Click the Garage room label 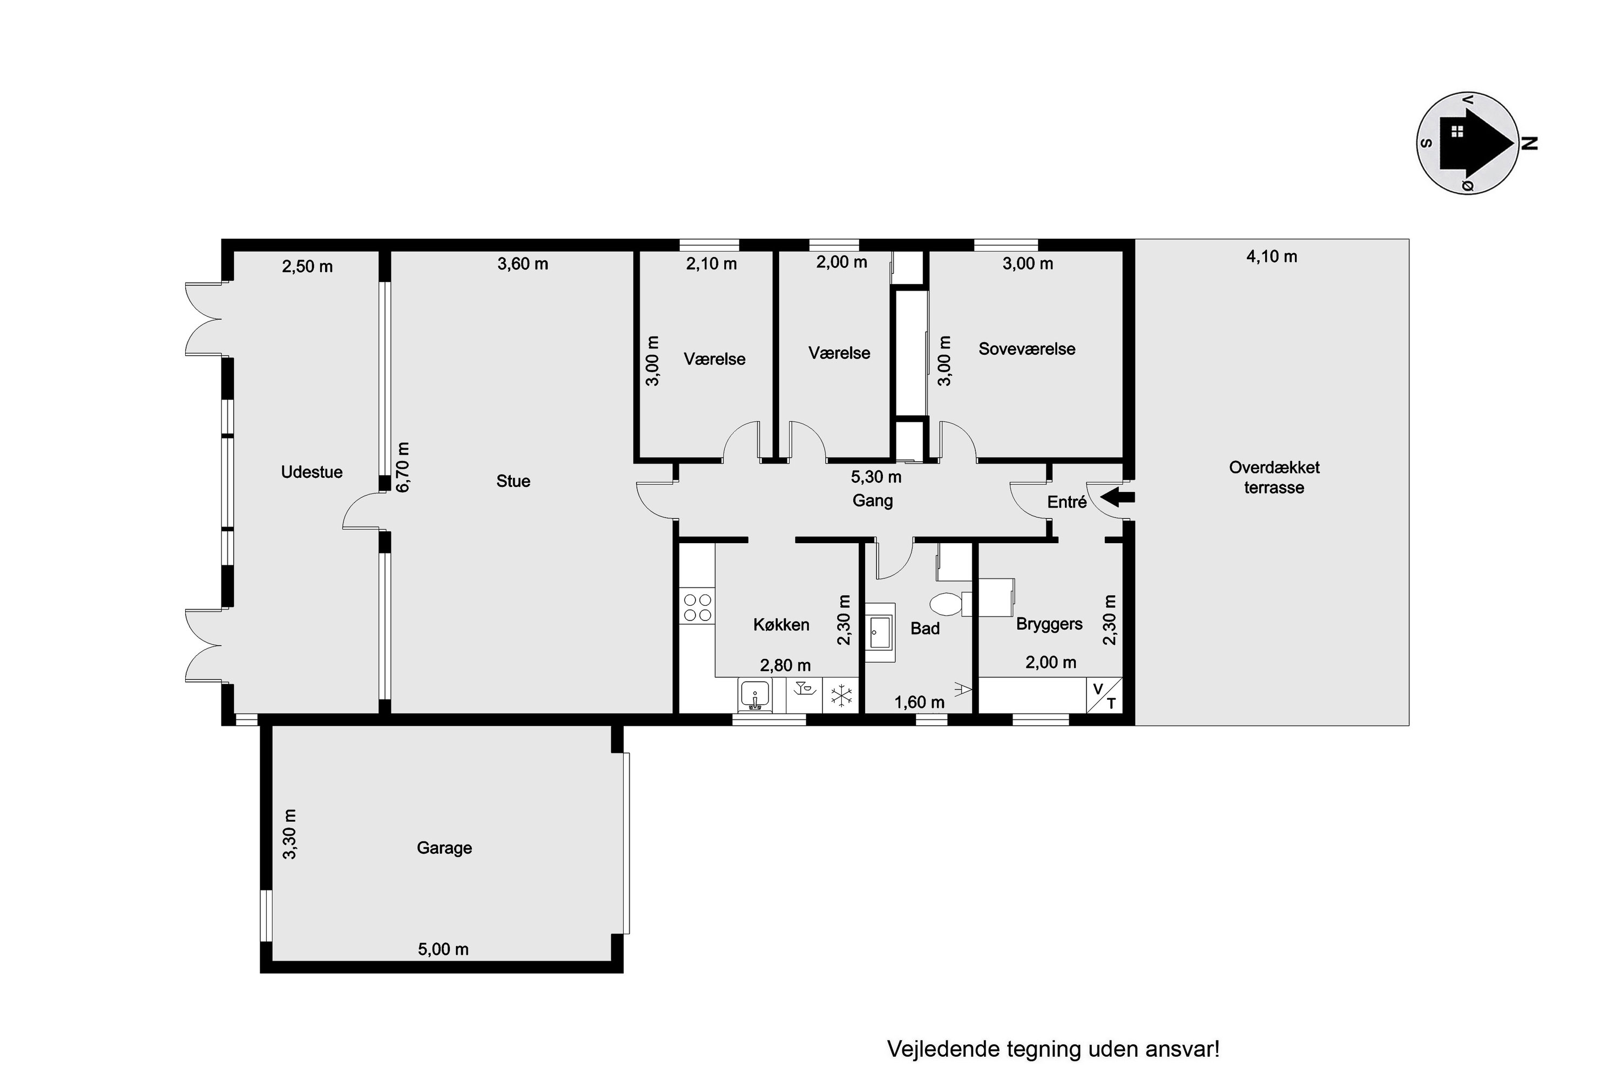pyautogui.click(x=444, y=848)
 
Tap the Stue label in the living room pyautogui.click(x=513, y=481)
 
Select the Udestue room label pyautogui.click(x=312, y=472)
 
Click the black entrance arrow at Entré pyautogui.click(x=1117, y=497)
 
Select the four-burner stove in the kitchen pyautogui.click(x=697, y=607)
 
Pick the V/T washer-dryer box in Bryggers pyautogui.click(x=1104, y=695)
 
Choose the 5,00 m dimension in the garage pyautogui.click(x=443, y=949)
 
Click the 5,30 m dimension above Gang pyautogui.click(x=876, y=477)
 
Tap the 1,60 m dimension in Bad pyautogui.click(x=920, y=702)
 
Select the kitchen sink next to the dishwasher pyautogui.click(x=755, y=695)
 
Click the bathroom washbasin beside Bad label pyautogui.click(x=880, y=632)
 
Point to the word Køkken pyautogui.click(x=781, y=625)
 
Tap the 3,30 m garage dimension pyautogui.click(x=289, y=834)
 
